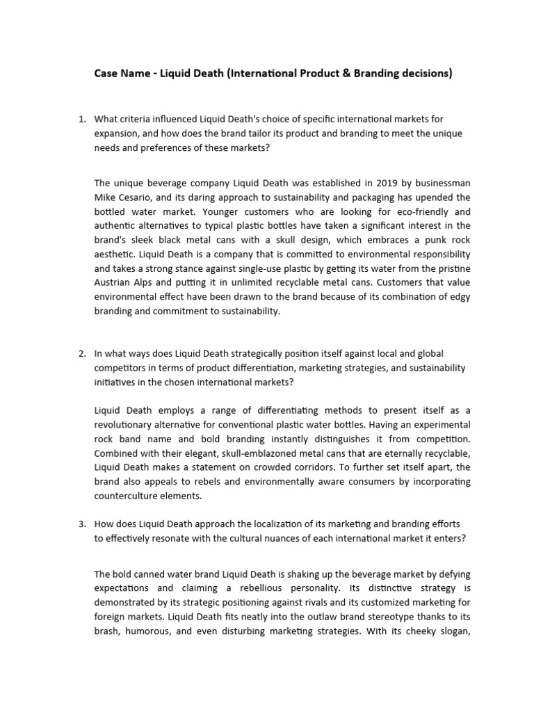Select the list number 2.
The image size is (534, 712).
click(81, 353)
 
